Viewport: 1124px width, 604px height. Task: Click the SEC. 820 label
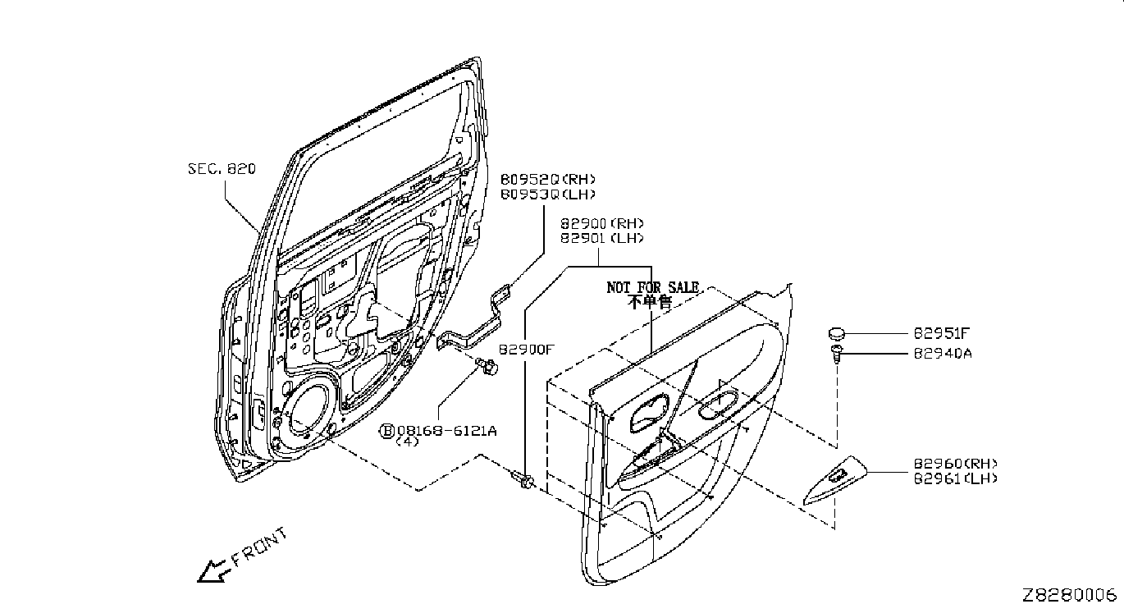pos(222,169)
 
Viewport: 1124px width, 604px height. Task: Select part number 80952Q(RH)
pos(548,179)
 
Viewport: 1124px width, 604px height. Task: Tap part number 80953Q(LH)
pos(548,194)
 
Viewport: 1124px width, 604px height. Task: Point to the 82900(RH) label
pos(601,223)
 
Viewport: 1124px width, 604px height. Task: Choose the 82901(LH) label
pos(601,238)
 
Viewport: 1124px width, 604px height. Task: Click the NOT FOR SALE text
pos(652,287)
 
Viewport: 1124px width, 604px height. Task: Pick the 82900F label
pos(527,350)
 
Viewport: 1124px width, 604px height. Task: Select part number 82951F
pos(941,333)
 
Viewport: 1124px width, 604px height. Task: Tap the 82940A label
pos(943,354)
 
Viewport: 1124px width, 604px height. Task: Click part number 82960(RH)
pos(955,464)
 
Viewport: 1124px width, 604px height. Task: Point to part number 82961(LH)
pos(955,478)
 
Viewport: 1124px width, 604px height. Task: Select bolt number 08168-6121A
pos(446,430)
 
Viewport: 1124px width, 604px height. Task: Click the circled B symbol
pos(387,431)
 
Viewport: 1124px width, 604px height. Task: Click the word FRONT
pos(259,547)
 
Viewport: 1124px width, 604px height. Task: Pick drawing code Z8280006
pos(1072,594)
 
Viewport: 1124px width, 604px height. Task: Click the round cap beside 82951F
pos(836,333)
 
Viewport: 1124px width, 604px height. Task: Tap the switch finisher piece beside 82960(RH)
pos(835,479)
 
